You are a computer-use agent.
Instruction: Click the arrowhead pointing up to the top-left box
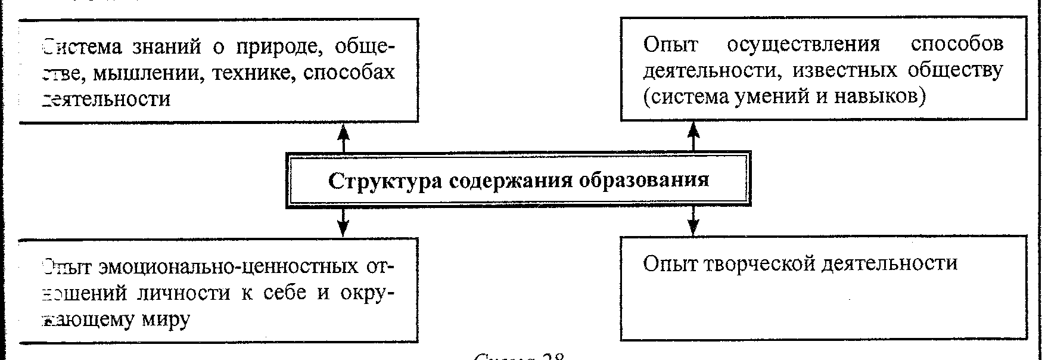tap(343, 131)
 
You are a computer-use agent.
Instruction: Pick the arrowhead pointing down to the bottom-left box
tap(343, 227)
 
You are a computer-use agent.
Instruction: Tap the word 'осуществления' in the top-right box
tap(804, 45)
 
